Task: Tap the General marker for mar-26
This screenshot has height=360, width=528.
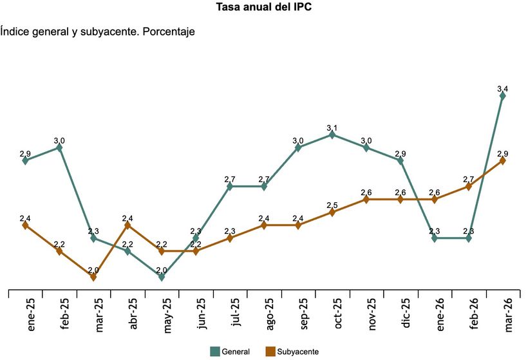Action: click(x=503, y=96)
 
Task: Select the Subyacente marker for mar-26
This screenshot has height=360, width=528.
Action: click(x=503, y=161)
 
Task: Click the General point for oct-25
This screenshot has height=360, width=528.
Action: click(x=332, y=135)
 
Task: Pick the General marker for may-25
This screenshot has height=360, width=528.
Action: click(x=162, y=277)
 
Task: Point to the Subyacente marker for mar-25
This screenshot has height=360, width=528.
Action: click(x=93, y=277)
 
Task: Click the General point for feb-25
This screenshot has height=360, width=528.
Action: click(x=59, y=147)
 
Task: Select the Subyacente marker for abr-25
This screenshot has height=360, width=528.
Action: click(x=127, y=225)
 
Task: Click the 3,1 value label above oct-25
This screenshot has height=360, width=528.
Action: click(x=332, y=128)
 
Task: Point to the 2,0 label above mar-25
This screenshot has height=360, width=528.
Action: click(x=93, y=270)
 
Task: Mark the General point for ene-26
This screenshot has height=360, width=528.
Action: click(x=435, y=238)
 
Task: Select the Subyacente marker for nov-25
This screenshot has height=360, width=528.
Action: click(x=366, y=200)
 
